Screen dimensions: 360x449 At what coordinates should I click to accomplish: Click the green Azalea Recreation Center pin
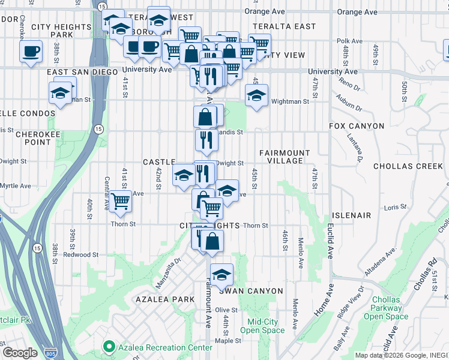click(x=109, y=347)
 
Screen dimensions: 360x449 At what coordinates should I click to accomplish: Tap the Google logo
click(x=20, y=352)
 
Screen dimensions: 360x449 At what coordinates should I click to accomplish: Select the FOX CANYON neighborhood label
click(x=356, y=126)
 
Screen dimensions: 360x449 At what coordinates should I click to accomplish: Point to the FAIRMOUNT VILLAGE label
click(x=285, y=157)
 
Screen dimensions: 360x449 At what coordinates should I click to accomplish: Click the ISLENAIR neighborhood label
click(x=351, y=215)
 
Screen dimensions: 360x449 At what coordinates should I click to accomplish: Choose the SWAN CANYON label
click(x=250, y=291)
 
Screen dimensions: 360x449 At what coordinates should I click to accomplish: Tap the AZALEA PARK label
click(x=165, y=299)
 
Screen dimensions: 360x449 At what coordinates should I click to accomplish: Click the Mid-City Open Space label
click(x=262, y=326)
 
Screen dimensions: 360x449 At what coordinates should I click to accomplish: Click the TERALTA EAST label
click(x=284, y=26)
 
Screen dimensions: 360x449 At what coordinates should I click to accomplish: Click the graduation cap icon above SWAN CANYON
click(x=221, y=274)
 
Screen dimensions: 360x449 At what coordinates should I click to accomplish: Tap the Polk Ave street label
click(x=349, y=41)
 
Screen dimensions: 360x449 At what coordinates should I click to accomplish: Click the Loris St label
click(x=396, y=207)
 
